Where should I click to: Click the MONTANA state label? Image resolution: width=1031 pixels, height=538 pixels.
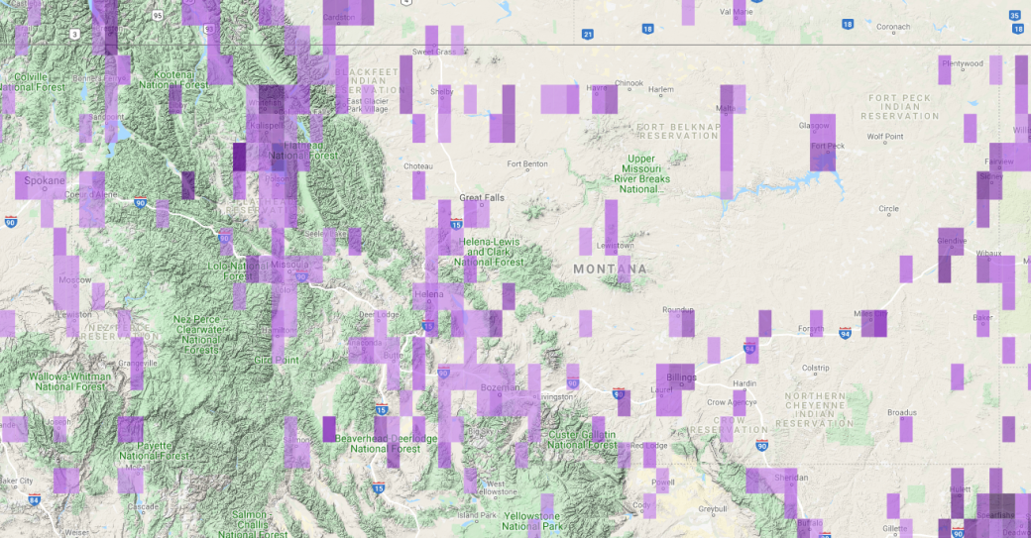pos(610,269)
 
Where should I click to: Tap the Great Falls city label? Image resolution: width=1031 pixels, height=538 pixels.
pos(482,198)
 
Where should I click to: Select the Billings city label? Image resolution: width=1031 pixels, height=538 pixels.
pos(681,377)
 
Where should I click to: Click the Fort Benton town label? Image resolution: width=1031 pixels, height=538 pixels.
pos(527,164)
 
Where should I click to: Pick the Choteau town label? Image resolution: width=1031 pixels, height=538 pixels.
pos(417,166)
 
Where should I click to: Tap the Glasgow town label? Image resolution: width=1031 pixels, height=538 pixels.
pos(814,126)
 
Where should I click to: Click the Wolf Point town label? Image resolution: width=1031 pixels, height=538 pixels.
pos(884,137)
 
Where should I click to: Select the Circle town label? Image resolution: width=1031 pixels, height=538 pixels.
pos(888,209)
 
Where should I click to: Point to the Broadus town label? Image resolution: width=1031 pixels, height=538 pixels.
pos(901,412)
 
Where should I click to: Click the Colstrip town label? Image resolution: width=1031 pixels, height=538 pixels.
pos(815,368)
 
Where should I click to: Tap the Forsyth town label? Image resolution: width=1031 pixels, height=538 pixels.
pos(811,331)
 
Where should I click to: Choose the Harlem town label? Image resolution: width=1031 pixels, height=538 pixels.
pos(660,90)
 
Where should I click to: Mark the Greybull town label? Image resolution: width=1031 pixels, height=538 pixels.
pos(712,509)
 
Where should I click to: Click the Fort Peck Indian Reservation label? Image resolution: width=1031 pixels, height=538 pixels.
pos(901,107)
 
